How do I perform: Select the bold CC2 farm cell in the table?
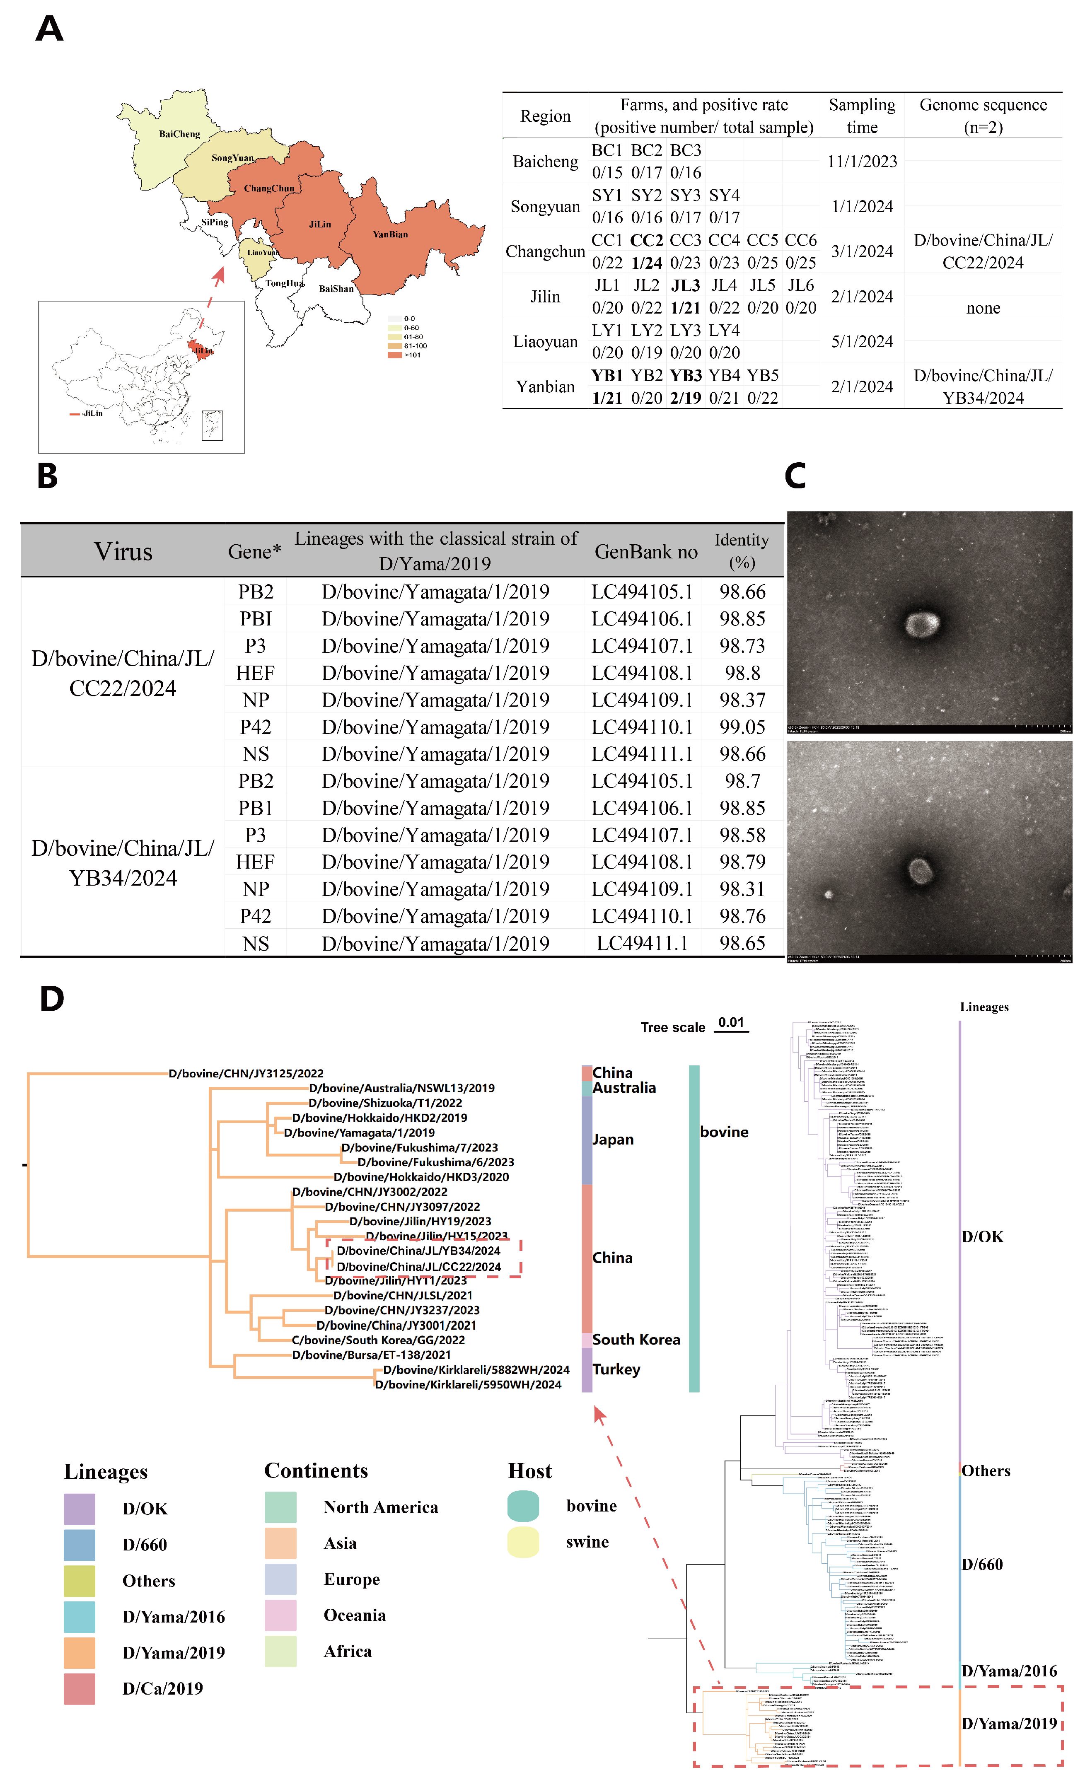point(646,240)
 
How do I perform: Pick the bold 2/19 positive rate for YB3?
point(685,398)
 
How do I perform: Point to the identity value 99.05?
point(742,727)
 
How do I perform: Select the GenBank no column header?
point(646,552)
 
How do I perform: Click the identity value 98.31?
point(742,889)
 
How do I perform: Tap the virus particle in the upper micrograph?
point(922,623)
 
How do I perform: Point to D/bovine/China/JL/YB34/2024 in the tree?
point(418,1251)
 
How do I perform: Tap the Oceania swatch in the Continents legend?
point(280,1615)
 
